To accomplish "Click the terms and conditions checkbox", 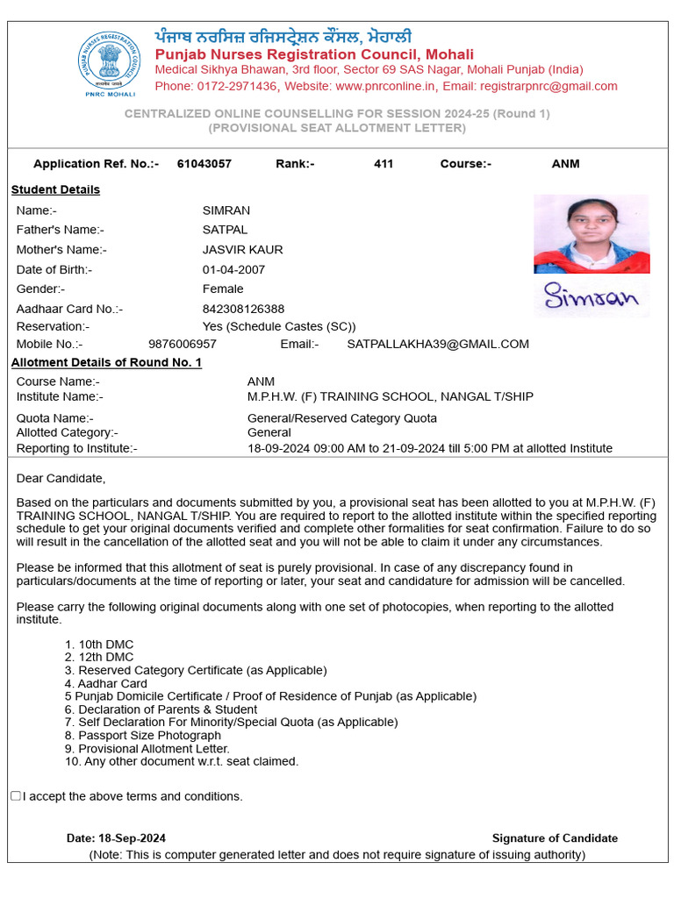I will pos(16,796).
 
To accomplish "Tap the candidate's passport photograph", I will pos(592,234).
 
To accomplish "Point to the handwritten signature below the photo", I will pos(591,298).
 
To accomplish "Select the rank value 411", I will pos(384,164).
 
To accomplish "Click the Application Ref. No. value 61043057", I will pos(204,164).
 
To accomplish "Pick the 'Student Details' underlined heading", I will pos(55,189).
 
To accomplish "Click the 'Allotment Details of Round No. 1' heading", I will pos(106,362).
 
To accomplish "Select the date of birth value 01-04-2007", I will pos(233,269).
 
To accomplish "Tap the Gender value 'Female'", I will pos(223,289).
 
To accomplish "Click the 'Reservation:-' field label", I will pos(53,326).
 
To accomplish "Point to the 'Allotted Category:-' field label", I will pos(67,432).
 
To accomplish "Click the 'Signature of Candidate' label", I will pos(555,838).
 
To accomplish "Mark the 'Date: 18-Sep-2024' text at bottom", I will pos(116,838).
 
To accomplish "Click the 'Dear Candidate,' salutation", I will pos(61,478).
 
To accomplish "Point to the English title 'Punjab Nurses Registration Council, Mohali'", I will pos(314,54).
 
